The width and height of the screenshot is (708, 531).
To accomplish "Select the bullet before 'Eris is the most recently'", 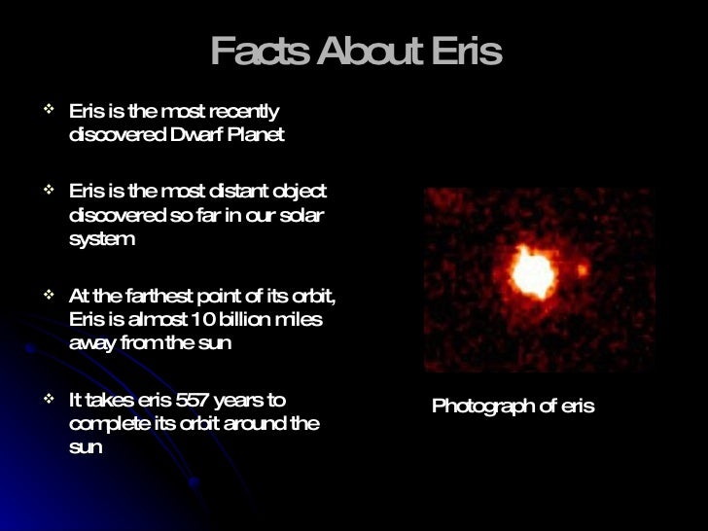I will click(50, 110).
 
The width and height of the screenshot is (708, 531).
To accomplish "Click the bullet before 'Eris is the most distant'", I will click(50, 190).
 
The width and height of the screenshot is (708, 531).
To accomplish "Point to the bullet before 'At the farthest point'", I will click(50, 295).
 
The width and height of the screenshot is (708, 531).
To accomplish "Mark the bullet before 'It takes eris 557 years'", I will click(50, 399).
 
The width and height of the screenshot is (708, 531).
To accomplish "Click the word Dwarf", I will click(197, 135).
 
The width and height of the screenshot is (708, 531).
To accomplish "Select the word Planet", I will click(255, 135).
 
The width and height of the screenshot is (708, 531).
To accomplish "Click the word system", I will click(102, 240).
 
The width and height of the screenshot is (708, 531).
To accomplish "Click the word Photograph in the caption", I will click(481, 407).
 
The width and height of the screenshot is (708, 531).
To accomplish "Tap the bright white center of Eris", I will click(532, 273).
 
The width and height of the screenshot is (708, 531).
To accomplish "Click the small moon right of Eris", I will click(582, 269).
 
